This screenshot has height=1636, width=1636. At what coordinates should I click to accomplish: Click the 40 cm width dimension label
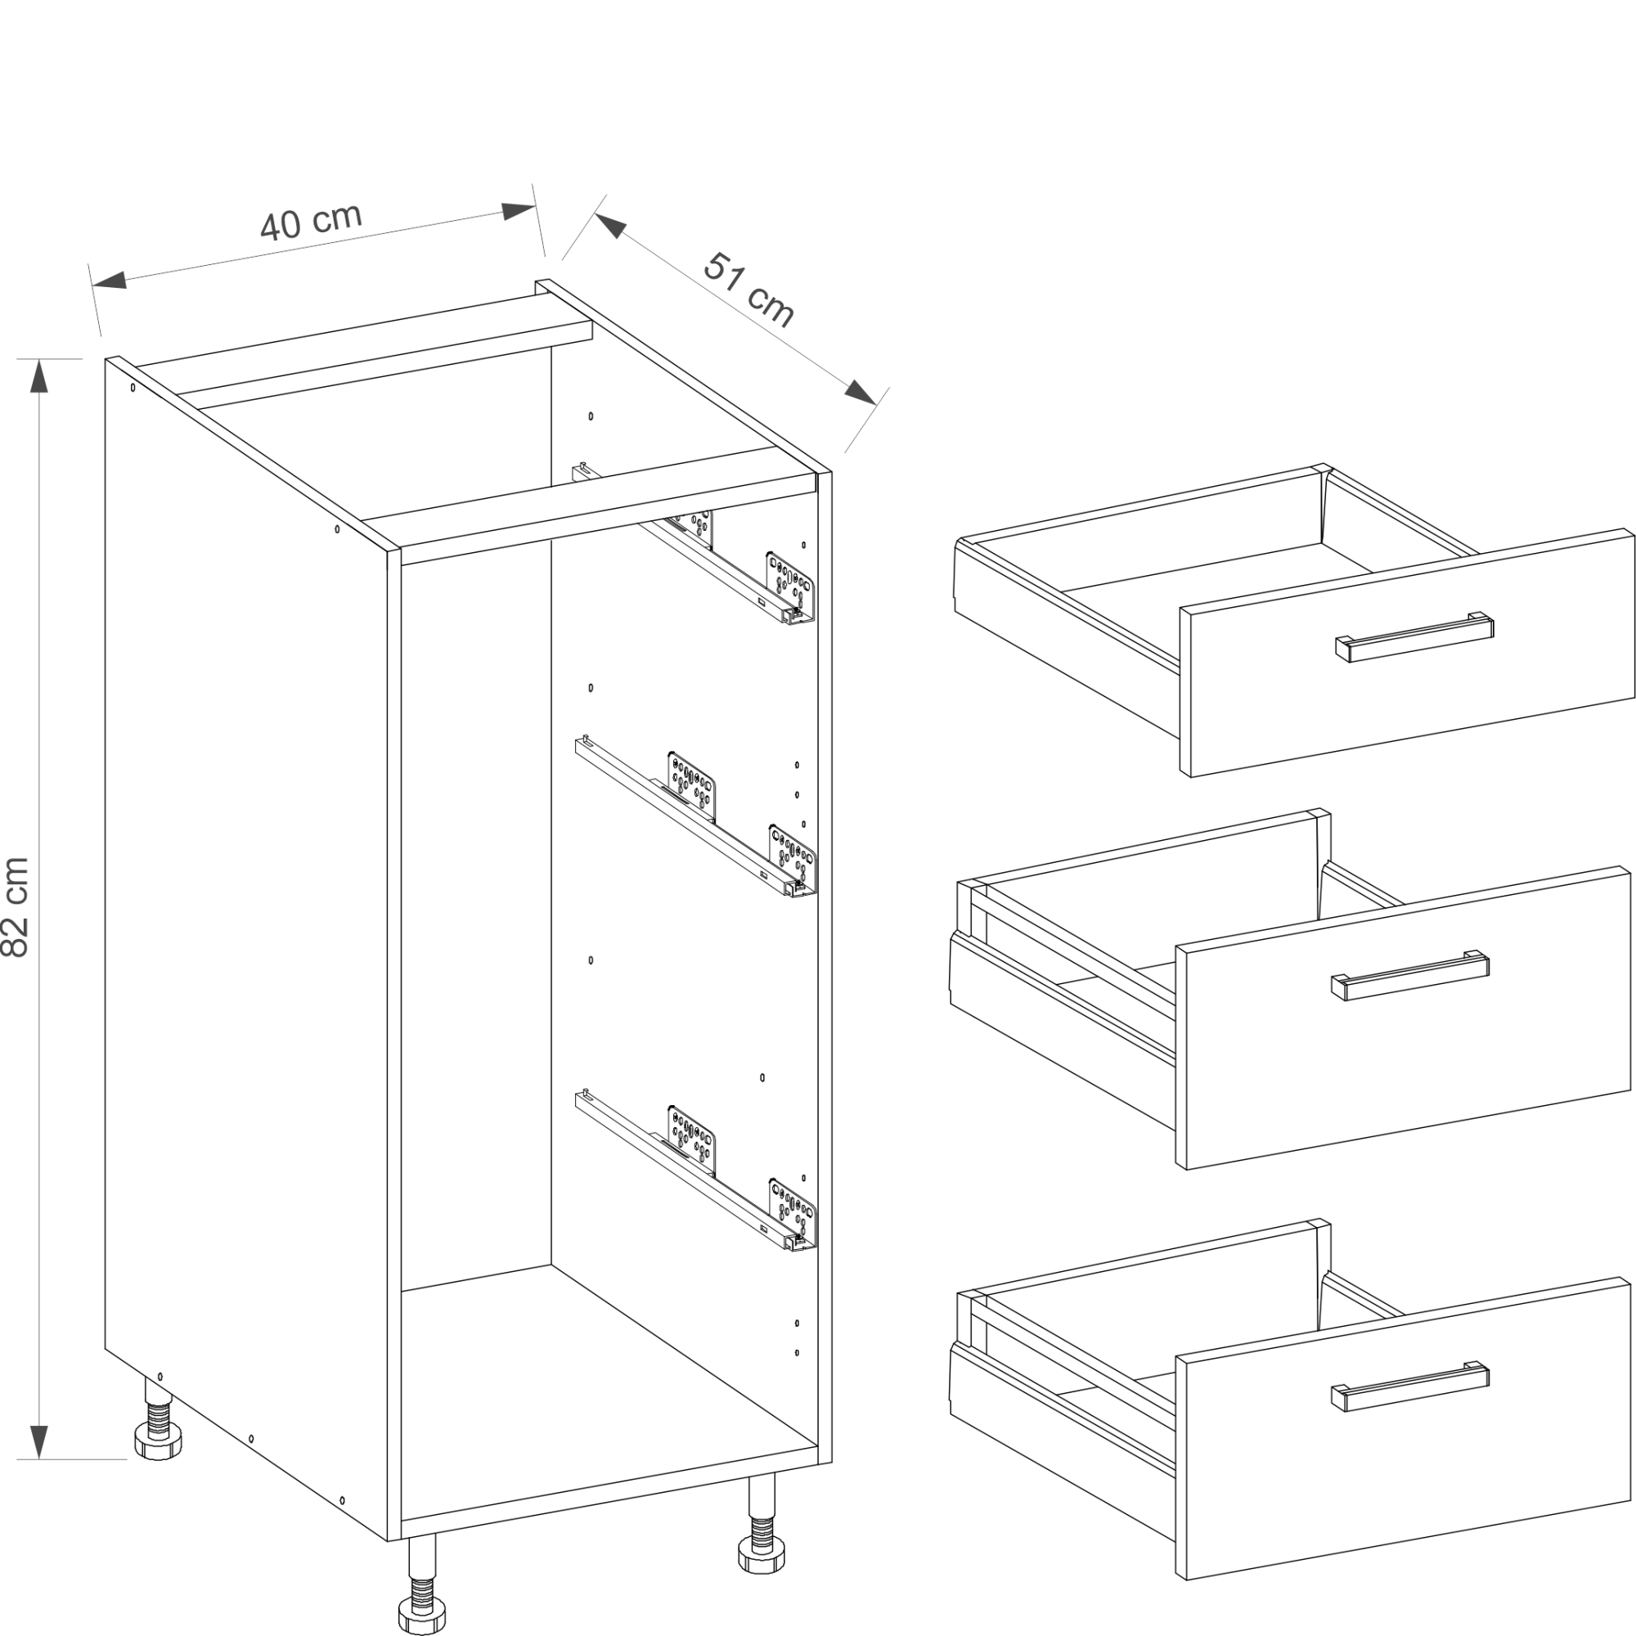pyautogui.click(x=312, y=221)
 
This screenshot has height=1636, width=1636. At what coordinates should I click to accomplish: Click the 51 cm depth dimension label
pyautogui.click(x=749, y=289)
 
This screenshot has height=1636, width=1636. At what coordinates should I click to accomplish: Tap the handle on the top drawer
pyautogui.click(x=1415, y=636)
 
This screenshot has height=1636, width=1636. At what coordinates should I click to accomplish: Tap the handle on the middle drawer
pyautogui.click(x=1410, y=975)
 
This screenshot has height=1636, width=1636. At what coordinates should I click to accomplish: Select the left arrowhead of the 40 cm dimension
pyautogui.click(x=110, y=281)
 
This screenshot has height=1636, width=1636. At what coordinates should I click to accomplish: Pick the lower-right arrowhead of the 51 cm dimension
pyautogui.click(x=861, y=393)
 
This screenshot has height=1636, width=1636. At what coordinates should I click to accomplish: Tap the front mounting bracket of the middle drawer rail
pyautogui.click(x=793, y=856)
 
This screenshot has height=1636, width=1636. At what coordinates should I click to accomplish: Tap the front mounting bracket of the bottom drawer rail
pyautogui.click(x=793, y=1211)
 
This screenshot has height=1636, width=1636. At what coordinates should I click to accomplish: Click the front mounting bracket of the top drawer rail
pyautogui.click(x=791, y=585)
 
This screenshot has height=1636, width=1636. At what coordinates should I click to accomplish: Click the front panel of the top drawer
pyautogui.click(x=1406, y=652)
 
